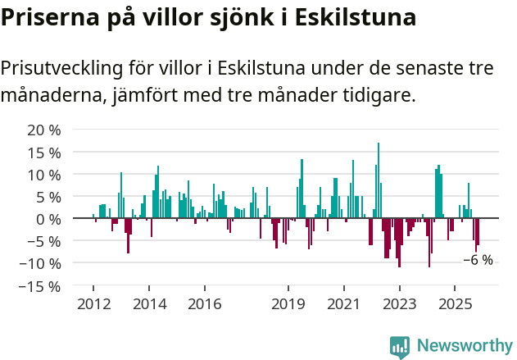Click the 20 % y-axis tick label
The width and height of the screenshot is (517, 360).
pos(43,130)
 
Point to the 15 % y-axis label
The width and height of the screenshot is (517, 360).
pos(43,153)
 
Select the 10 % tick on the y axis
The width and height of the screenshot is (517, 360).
pos(43,175)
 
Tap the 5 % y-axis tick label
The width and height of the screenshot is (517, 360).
pos(48,197)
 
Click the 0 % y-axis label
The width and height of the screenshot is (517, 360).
pos(48,219)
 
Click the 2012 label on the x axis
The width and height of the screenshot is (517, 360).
pos(93,304)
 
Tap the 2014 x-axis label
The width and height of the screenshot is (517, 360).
pos(148,304)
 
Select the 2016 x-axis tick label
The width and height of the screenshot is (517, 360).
pos(204,304)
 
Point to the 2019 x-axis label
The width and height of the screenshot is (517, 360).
pos(288,304)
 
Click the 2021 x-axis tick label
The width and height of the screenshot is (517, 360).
pos(343,304)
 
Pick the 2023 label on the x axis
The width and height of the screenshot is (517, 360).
pos(399,304)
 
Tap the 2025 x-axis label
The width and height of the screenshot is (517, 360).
pos(455,304)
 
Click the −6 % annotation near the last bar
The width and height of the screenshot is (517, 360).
pos(478,260)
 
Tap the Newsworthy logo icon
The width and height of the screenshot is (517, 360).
pos(400,346)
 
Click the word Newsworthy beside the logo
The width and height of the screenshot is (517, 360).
pos(465,346)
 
